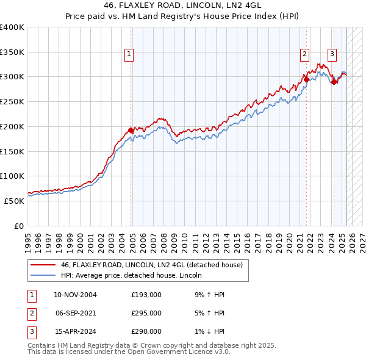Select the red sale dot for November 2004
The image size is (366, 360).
[x=131, y=130]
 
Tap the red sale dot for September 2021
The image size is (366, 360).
[x=306, y=79]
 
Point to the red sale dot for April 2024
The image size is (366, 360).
[x=334, y=82]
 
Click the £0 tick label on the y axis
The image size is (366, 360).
[x=18, y=226]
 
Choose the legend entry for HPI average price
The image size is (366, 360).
[x=131, y=275]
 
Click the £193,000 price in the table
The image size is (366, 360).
[x=146, y=295]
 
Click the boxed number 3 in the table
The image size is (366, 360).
[x=31, y=332]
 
